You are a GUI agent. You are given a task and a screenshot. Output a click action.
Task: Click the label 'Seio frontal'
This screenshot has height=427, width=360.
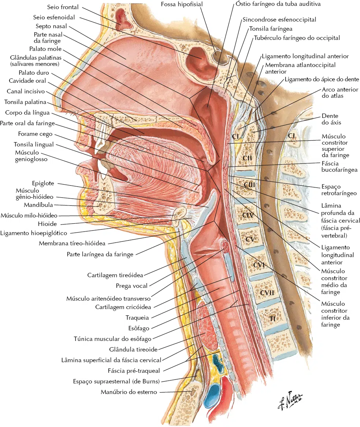coord(63,7)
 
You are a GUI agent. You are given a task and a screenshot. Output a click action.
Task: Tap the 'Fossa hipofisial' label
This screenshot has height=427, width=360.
coord(182,4)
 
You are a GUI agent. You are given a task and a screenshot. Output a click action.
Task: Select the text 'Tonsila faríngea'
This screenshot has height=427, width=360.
coord(271,29)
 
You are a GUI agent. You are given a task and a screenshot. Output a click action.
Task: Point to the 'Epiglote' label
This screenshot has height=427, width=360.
coord(43,183)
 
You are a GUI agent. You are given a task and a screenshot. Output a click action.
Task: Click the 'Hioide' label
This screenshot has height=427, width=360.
coord(47,224)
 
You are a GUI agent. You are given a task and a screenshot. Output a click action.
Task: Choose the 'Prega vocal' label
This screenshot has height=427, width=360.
coord(131,286)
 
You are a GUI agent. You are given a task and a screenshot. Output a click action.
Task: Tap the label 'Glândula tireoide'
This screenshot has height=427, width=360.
coord(133,349)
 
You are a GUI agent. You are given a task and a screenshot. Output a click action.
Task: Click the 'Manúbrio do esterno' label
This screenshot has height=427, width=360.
coord(129,392)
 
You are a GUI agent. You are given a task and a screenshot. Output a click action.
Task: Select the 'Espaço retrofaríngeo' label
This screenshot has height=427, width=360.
coord(339,190)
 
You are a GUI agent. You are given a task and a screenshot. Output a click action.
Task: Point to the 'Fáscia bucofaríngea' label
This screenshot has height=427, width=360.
coord(339,167)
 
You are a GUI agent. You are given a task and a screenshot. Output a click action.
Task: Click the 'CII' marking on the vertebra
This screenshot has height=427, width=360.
coord(247,158)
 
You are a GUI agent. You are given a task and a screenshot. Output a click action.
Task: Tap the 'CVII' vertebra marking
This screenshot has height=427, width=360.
coord(267,293)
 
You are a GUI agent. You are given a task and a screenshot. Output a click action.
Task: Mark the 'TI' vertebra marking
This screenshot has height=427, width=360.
coord(272,318)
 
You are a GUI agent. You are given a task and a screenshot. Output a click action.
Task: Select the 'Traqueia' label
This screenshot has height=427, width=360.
coord(137,318)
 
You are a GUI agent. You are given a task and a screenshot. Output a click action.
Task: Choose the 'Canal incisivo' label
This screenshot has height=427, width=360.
coord(26,92)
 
